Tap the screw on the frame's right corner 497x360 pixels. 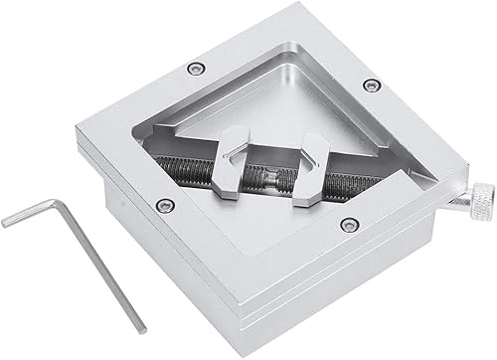tap(370, 85)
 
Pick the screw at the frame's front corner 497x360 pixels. tap(346, 224)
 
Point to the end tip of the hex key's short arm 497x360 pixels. tap(5, 223)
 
